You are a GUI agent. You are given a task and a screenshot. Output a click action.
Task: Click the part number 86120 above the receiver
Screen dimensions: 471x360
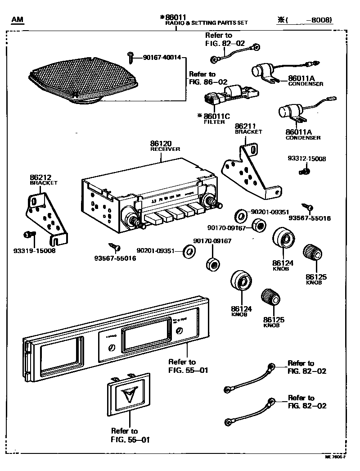pos(161,144)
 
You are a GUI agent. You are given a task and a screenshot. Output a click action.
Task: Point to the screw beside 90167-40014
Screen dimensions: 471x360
pos(130,56)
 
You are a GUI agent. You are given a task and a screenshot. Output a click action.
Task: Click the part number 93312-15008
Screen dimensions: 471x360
pos(307,159)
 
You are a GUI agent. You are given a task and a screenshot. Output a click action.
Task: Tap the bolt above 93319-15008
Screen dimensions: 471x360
pos(28,234)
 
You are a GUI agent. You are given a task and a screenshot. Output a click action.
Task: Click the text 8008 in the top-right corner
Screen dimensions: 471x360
pos(320,20)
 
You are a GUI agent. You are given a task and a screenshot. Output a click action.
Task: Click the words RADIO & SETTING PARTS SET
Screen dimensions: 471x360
pos(207,23)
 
